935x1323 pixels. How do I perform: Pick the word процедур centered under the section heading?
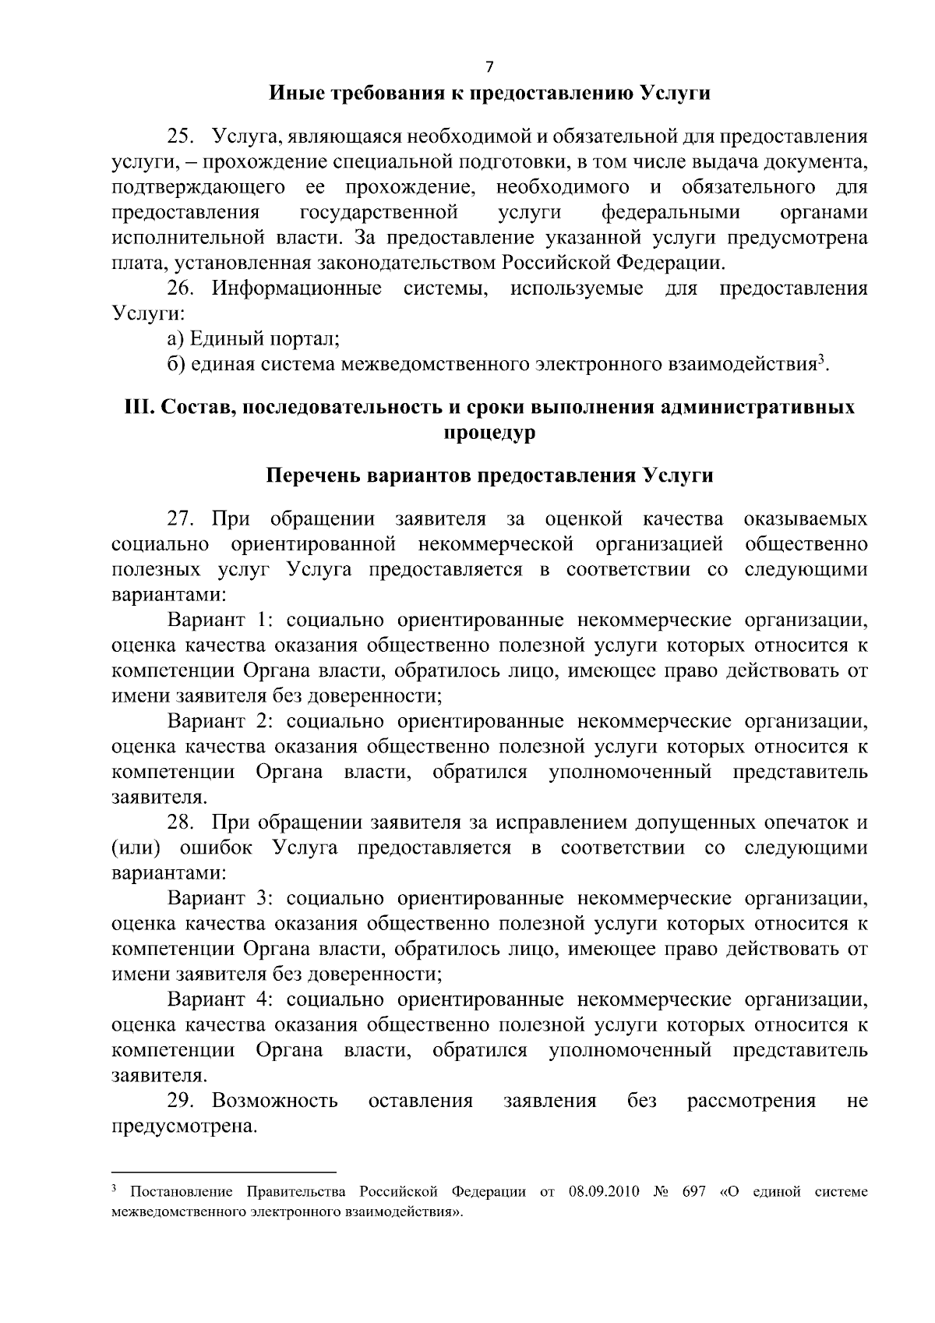pyautogui.click(x=489, y=433)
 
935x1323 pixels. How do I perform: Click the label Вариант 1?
pyautogui.click(x=220, y=621)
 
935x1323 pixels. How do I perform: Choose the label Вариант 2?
pyautogui.click(x=220, y=722)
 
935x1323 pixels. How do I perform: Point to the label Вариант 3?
pyautogui.click(x=220, y=898)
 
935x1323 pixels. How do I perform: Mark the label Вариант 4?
pyautogui.click(x=220, y=999)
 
